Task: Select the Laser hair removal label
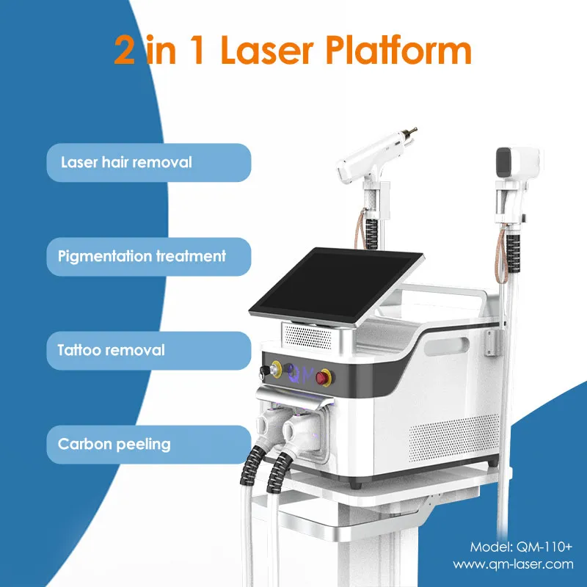[126, 162]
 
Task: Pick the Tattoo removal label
[112, 350]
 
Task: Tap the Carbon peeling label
[114, 444]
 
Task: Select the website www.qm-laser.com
[512, 564]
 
